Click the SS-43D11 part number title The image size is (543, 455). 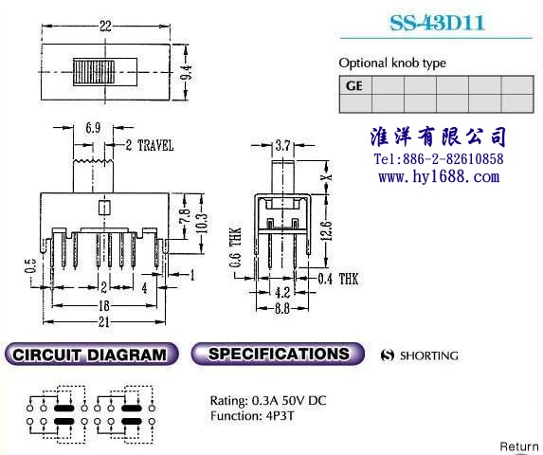(437, 23)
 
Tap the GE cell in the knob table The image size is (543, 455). (354, 85)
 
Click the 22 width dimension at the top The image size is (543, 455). (105, 27)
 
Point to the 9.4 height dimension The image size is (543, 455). (188, 73)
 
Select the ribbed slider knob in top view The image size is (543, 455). (94, 72)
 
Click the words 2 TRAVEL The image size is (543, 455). (149, 145)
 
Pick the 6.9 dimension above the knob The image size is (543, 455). (93, 128)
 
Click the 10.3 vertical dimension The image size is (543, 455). (203, 223)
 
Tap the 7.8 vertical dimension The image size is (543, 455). (185, 215)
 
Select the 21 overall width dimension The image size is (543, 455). (104, 322)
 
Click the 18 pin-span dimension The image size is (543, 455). (104, 305)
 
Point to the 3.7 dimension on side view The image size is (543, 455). (282, 145)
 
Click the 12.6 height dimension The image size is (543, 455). (328, 230)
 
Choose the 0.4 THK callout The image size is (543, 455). (338, 279)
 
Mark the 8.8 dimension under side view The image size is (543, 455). (281, 308)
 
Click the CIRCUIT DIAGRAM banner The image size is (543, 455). (91, 354)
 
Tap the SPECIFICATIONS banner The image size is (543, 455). (278, 354)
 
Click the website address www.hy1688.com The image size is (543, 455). (439, 177)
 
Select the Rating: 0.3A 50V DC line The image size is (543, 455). (268, 401)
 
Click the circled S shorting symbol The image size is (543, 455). (388, 355)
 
